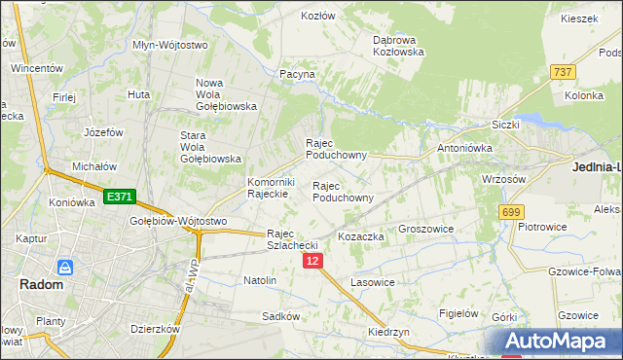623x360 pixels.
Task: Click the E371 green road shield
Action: point(120,197)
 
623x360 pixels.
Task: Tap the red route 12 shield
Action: point(312,261)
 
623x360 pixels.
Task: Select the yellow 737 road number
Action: point(563,72)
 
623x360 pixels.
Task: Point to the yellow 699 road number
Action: point(510,211)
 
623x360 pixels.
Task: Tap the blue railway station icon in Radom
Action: point(66,267)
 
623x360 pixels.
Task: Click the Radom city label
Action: point(41,285)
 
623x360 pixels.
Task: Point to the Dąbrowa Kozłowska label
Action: point(399,46)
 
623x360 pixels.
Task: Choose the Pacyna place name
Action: point(297,74)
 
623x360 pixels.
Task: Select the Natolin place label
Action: point(260,280)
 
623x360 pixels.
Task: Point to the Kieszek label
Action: point(578,18)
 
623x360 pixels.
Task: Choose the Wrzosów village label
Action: point(503,179)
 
